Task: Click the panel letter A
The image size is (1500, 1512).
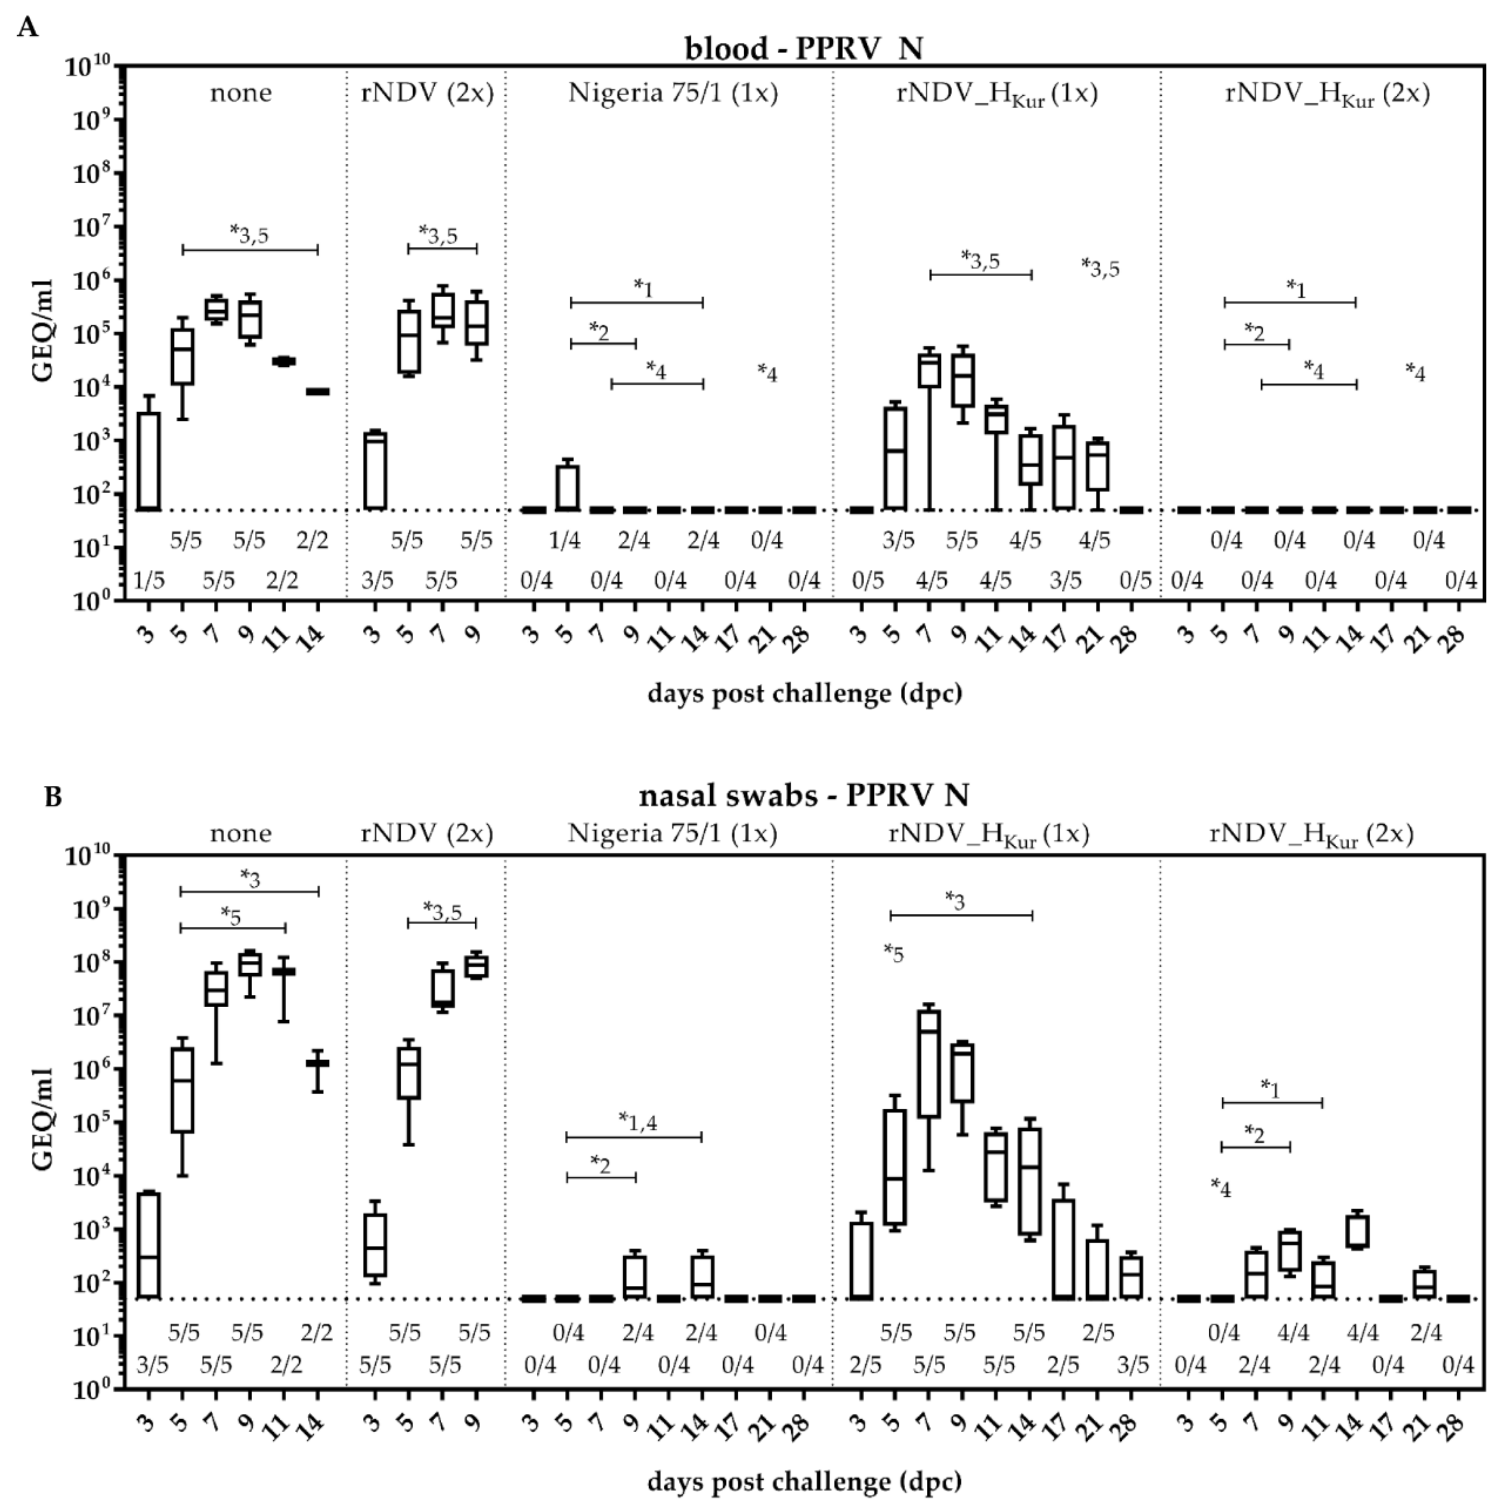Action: click(x=28, y=28)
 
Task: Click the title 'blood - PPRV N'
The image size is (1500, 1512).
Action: click(x=803, y=49)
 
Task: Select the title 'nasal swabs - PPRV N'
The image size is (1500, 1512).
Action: click(x=803, y=795)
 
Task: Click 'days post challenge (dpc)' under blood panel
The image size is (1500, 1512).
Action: click(x=804, y=694)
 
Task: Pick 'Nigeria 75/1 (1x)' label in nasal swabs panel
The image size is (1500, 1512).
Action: click(x=672, y=834)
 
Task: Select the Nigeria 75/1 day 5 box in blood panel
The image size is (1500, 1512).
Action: click(x=567, y=487)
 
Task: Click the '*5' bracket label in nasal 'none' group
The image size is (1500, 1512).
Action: click(x=231, y=915)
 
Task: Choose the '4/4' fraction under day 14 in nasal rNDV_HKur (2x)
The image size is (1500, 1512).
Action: click(x=1362, y=1333)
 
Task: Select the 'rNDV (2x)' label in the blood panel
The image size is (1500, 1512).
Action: click(x=427, y=93)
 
